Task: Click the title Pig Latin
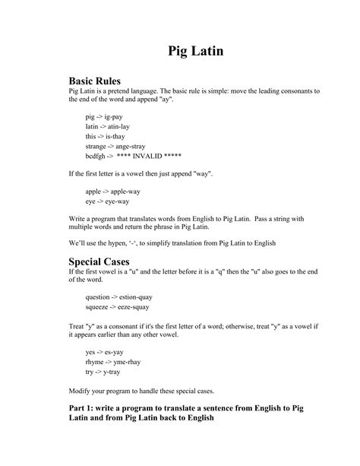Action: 195,52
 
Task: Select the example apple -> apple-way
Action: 112,192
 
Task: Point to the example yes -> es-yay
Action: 106,353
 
